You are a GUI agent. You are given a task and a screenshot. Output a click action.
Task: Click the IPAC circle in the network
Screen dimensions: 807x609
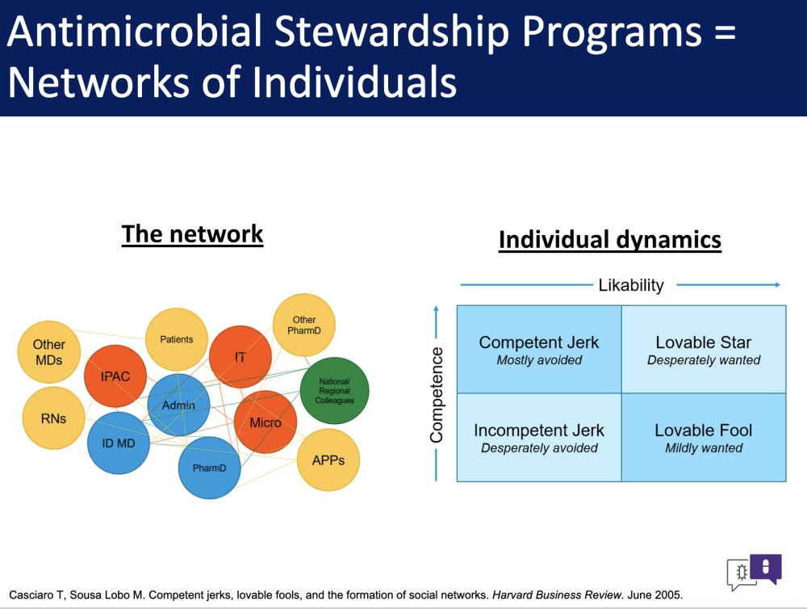pyautogui.click(x=115, y=376)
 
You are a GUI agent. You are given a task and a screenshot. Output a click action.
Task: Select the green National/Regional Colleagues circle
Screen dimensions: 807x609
pyautogui.click(x=335, y=391)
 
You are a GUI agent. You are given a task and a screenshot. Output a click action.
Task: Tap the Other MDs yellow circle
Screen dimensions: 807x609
pyautogui.click(x=49, y=352)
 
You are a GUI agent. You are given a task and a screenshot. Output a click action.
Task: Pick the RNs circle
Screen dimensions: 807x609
pyautogui.click(x=53, y=418)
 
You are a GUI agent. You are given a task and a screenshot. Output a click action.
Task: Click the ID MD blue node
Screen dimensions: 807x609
pyautogui.click(x=119, y=443)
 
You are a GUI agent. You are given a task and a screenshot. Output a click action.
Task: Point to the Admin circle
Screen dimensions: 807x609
pyautogui.click(x=178, y=405)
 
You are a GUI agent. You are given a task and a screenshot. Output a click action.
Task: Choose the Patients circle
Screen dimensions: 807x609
pyautogui.click(x=177, y=339)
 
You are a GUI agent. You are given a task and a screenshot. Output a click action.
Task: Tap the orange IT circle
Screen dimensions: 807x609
pyautogui.click(x=240, y=356)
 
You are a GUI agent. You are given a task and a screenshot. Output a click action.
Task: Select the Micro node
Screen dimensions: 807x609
pyautogui.click(x=266, y=422)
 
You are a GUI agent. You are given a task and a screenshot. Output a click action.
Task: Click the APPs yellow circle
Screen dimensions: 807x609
pyautogui.click(x=328, y=460)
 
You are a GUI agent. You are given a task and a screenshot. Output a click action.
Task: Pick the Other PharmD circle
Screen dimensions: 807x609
pyautogui.click(x=304, y=325)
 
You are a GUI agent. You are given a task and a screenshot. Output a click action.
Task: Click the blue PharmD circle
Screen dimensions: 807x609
pyautogui.click(x=210, y=468)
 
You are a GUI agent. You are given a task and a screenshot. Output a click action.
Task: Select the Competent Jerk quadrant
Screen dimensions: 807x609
pyautogui.click(x=539, y=349)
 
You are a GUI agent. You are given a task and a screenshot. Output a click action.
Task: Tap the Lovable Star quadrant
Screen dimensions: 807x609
pyautogui.click(x=704, y=349)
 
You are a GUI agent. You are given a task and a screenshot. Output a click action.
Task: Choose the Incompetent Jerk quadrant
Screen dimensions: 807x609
pyautogui.click(x=539, y=438)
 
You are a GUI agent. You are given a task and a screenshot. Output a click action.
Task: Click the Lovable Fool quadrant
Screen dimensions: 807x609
pyautogui.click(x=704, y=438)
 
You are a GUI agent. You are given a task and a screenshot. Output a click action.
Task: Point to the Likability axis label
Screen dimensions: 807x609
pyautogui.click(x=631, y=285)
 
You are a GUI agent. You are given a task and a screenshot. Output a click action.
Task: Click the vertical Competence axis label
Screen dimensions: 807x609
pyautogui.click(x=437, y=395)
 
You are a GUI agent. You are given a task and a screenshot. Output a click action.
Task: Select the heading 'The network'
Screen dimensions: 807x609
pyautogui.click(x=193, y=234)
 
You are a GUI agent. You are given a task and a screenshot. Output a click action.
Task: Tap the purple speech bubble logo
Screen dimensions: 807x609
pyautogui.click(x=766, y=569)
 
